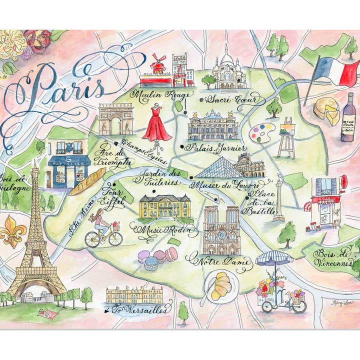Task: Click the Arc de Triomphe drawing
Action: point(115,119)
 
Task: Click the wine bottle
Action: point(348,118)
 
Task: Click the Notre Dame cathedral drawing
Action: point(221,230)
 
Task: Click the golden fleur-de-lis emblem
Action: point(13,231)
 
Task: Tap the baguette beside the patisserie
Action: point(87,181)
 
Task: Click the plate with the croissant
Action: point(220,286)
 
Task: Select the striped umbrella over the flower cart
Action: point(274,258)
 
